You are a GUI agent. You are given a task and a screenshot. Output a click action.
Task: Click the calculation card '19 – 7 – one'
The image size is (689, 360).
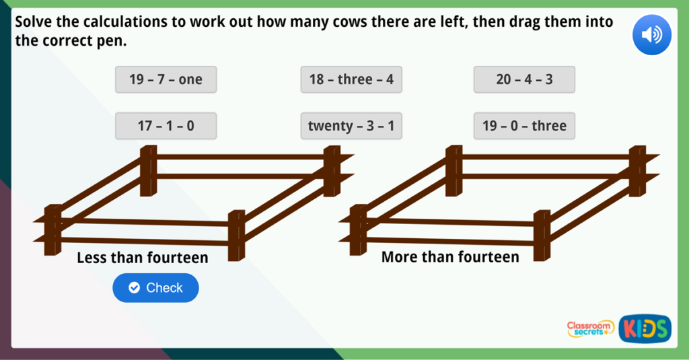pyautogui.click(x=166, y=79)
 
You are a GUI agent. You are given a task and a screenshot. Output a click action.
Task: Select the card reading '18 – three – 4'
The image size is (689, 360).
pyautogui.click(x=351, y=79)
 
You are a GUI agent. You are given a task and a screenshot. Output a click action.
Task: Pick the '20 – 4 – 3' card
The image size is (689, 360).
pyautogui.click(x=524, y=79)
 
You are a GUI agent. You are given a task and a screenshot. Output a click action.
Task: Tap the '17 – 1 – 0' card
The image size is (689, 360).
pyautogui.click(x=166, y=126)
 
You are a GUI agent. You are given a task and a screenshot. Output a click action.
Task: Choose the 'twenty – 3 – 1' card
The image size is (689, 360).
pyautogui.click(x=351, y=126)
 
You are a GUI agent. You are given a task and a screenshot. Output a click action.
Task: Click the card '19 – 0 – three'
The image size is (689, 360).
pyautogui.click(x=524, y=126)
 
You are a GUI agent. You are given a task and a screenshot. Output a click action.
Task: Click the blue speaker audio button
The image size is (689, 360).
pyautogui.click(x=652, y=35)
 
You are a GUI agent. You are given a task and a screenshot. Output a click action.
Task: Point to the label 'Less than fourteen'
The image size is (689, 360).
pyautogui.click(x=143, y=258)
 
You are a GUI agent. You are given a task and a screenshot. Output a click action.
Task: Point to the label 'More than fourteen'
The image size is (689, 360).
pyautogui.click(x=450, y=257)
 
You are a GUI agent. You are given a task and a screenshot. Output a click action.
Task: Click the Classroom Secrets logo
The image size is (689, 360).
pyautogui.click(x=590, y=328)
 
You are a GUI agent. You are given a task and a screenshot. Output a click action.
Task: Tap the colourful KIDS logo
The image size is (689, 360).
pyautogui.click(x=645, y=328)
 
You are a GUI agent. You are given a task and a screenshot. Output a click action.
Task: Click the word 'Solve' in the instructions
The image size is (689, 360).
pyautogui.click(x=34, y=22)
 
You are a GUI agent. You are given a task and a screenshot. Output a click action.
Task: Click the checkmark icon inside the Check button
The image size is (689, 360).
pyautogui.click(x=134, y=288)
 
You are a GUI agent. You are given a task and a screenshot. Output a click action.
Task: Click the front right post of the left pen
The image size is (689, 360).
pyautogui.click(x=236, y=235)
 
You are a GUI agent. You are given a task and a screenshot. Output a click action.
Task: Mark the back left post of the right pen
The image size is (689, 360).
pyautogui.click(x=454, y=171)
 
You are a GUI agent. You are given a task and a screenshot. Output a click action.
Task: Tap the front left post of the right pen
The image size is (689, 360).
pyautogui.click(x=359, y=230)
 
